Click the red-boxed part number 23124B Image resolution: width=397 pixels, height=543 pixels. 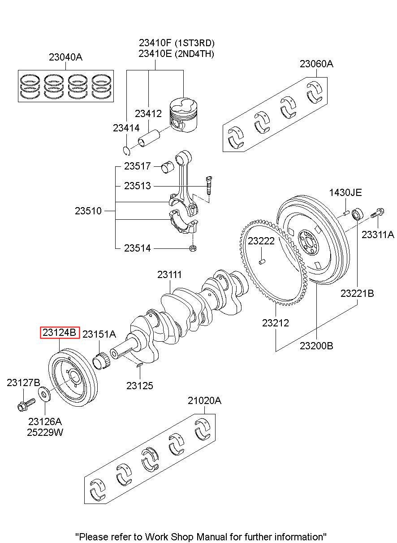click(60, 333)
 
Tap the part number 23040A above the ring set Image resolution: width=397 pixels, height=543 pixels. click(66, 57)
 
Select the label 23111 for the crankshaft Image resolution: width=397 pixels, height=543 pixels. click(169, 275)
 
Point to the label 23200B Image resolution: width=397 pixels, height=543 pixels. click(316, 346)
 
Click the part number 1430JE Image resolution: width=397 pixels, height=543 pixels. click(345, 193)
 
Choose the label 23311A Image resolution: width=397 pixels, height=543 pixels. click(378, 234)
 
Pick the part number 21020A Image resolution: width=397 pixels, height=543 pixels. click(205, 400)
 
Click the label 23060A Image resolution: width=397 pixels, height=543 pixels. click(316, 64)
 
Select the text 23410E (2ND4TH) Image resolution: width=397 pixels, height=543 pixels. click(176, 54)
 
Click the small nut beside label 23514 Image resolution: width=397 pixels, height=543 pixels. click(192, 248)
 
